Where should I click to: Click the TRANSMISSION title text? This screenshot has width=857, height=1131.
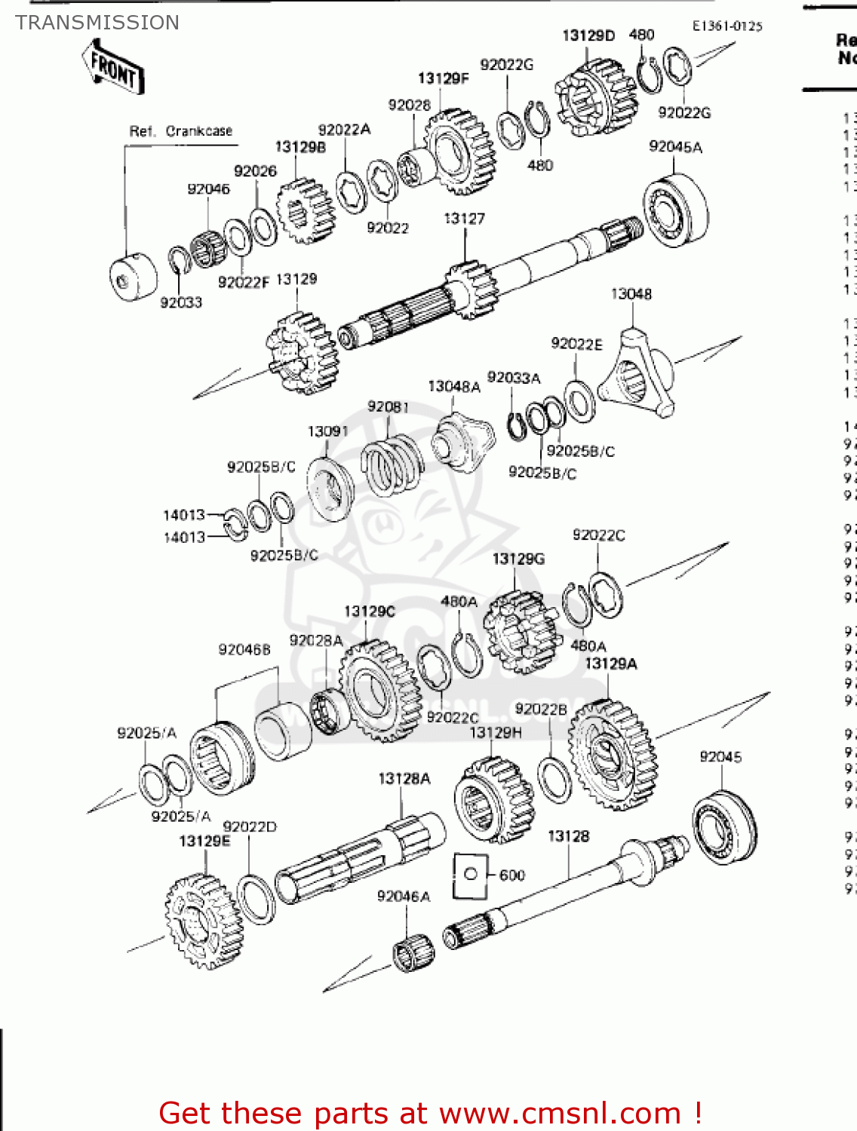pos(97,23)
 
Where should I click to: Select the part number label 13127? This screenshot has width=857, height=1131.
pos(464,219)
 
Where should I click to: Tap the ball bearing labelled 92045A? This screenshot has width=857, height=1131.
pos(675,210)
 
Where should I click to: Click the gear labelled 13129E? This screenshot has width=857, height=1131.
pos(204,921)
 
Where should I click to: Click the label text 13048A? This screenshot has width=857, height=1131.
pos(454,387)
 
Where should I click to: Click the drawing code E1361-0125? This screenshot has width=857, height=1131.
pos(727,26)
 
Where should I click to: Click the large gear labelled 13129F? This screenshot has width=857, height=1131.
pos(459,152)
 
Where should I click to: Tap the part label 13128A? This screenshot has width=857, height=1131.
pos(404,779)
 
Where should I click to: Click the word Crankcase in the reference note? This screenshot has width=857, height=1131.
pos(199,131)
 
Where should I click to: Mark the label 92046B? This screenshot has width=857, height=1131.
pos(244,649)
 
